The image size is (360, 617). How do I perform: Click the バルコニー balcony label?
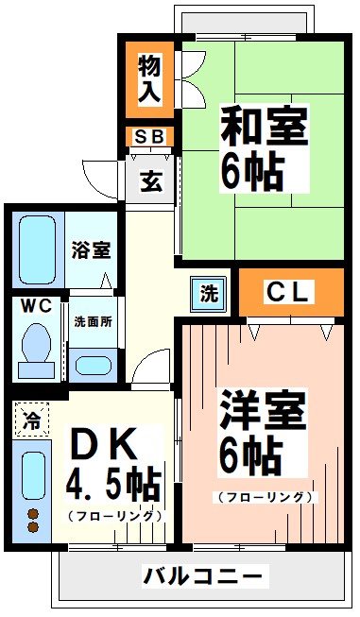203,575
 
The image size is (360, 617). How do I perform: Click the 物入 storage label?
149,79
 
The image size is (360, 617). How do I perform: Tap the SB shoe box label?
149,137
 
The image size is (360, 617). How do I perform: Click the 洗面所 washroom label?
94,320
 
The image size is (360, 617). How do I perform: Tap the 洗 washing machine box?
208,293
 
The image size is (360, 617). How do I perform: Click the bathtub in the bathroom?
37,249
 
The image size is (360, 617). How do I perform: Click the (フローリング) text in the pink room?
265,496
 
